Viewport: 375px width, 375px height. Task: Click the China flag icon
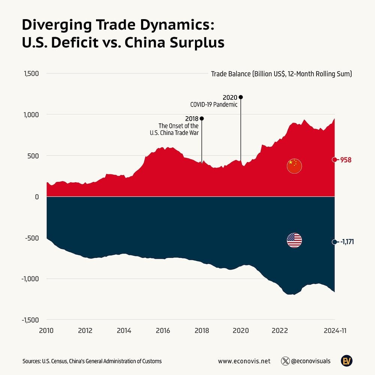point(294,166)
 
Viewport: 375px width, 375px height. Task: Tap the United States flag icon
point(294,240)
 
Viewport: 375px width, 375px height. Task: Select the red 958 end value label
point(345,160)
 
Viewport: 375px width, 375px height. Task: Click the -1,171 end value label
point(347,242)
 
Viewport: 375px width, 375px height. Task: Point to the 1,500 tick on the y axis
point(31,73)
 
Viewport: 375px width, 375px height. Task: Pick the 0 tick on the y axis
point(37,196)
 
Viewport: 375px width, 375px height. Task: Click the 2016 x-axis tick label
point(163,331)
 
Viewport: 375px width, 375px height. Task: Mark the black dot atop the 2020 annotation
point(241,97)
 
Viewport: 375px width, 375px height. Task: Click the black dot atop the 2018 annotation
point(202,118)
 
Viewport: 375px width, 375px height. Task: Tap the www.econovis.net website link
point(244,361)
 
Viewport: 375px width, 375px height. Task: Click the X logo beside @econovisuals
point(285,361)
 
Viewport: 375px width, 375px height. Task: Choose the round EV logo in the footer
point(346,361)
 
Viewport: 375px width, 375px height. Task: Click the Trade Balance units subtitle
point(281,74)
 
